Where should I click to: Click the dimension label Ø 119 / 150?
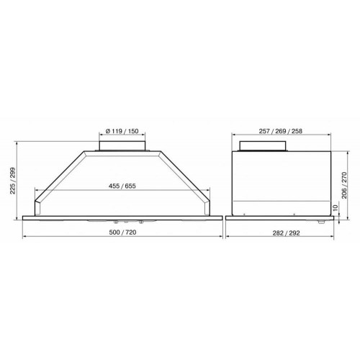coord(122,131)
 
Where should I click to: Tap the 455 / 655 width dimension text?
coord(122,186)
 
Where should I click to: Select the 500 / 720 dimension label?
coord(122,233)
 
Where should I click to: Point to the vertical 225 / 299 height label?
coord(12,181)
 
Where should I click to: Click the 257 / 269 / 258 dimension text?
coord(281,131)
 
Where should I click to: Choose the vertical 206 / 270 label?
coord(344,185)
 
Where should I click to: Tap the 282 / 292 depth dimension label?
coord(286,233)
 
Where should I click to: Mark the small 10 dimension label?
coord(336,207)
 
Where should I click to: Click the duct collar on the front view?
coord(122,146)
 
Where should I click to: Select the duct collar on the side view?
coord(263,146)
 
